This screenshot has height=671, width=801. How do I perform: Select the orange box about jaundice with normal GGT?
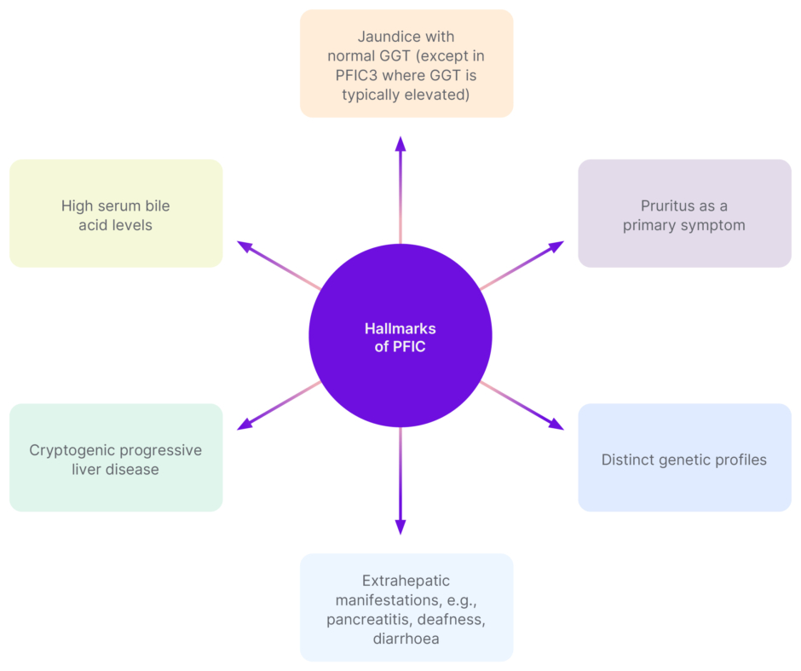point(406,63)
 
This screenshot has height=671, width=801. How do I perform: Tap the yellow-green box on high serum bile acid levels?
point(116,213)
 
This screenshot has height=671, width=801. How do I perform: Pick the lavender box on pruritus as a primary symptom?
point(684,213)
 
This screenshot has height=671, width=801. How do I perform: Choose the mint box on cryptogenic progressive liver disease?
point(116,458)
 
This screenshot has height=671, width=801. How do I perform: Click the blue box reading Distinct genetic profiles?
point(684,458)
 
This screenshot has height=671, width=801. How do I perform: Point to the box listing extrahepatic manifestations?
point(406,607)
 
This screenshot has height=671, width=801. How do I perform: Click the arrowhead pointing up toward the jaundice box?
point(400,143)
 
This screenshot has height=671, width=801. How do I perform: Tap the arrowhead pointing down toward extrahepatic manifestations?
point(400,528)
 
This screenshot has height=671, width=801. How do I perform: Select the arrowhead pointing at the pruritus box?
point(556,246)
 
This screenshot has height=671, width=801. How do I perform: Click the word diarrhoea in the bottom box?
point(406,638)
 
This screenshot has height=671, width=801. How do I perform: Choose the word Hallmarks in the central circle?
point(400,328)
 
